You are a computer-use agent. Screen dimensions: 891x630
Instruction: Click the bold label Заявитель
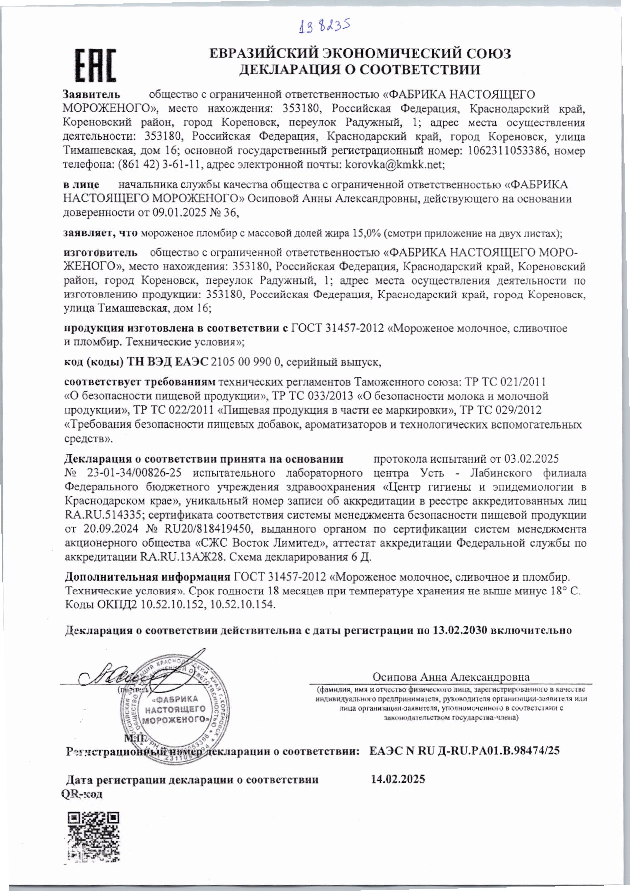tap(91, 94)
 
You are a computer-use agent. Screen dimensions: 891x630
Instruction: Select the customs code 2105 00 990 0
tap(247, 362)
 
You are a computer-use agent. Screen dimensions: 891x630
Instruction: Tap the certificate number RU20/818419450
tap(199, 528)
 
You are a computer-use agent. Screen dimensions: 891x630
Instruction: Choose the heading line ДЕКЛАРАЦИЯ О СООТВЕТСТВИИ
tap(360, 70)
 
